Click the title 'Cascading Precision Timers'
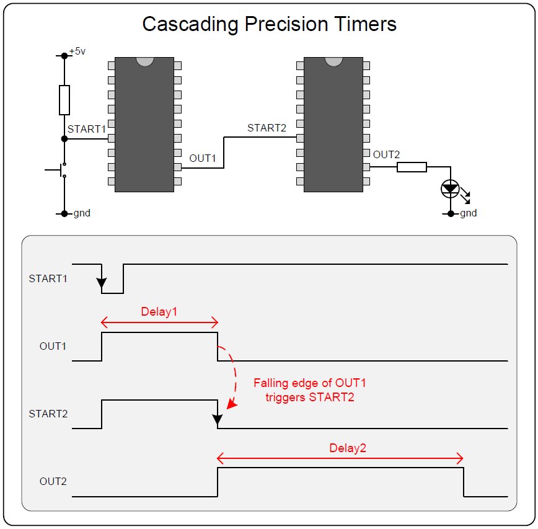pos(269,24)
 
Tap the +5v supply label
pos(77,51)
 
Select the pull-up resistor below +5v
pos(64,100)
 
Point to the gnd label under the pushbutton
pos(82,213)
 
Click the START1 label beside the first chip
pos(87,128)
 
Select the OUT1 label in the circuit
pos(203,158)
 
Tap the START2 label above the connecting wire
pos(267,128)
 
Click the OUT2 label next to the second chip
pos(386,154)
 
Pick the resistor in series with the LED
pos(412,167)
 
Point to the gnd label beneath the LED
pos(468,213)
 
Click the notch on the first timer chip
pos(144,62)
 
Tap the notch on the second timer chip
pos(333,62)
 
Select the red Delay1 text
pos(159,312)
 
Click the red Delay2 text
pos(348,448)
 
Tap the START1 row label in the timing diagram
pos(48,278)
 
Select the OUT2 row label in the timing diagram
pos(53,481)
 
